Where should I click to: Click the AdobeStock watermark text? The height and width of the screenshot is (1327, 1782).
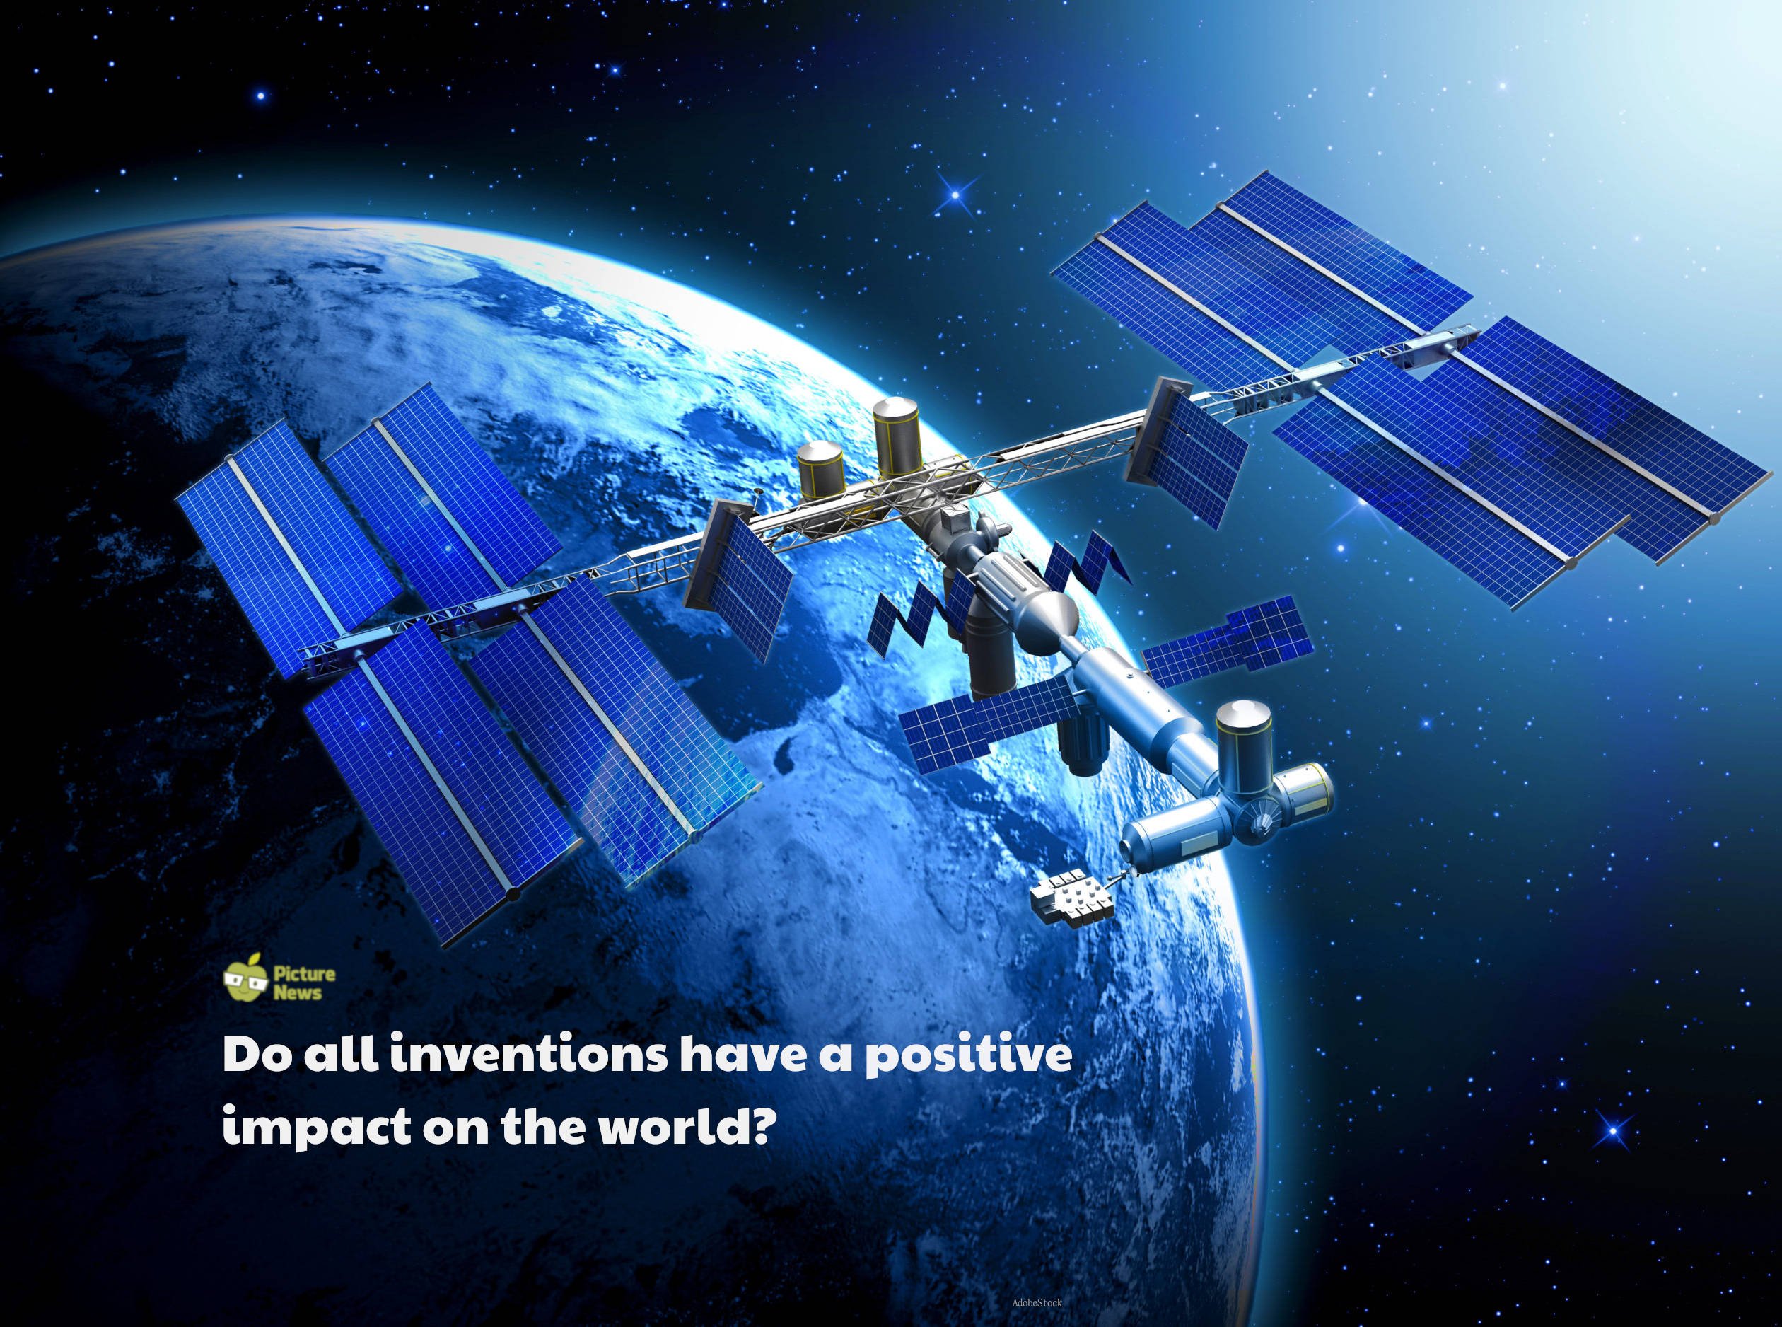pyautogui.click(x=1037, y=1303)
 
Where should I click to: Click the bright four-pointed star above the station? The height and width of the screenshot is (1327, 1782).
pyautogui.click(x=955, y=193)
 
